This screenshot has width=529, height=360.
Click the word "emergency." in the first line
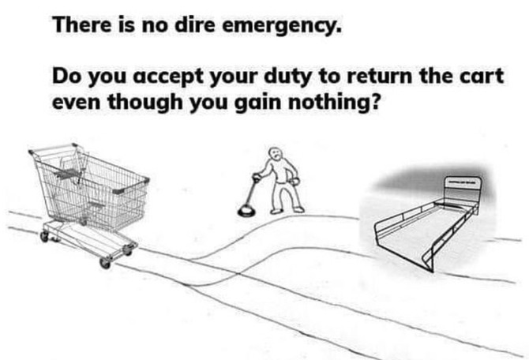282,25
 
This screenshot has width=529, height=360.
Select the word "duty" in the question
287,77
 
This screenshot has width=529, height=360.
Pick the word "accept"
169,77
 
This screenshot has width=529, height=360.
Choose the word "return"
380,77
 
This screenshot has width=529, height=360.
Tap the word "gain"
257,103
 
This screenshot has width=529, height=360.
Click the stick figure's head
275,155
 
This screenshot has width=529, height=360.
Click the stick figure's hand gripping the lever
257,177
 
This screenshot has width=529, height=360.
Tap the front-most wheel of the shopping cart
105,263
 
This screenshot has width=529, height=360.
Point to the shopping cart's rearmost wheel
44,236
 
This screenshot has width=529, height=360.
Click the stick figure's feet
287,211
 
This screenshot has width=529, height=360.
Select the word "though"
145,103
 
